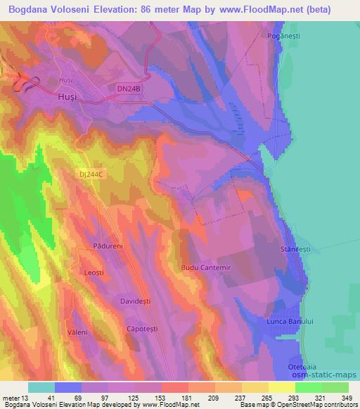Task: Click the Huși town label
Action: pos(64,99)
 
